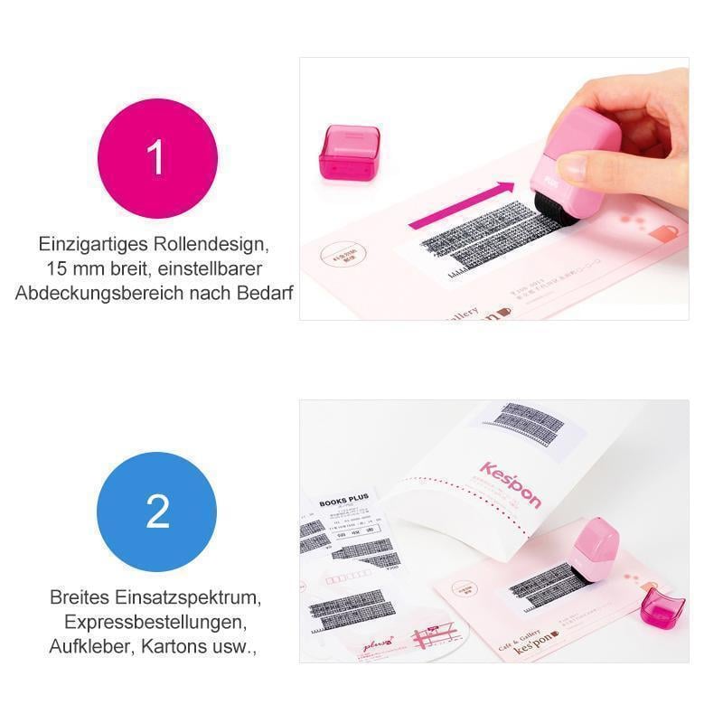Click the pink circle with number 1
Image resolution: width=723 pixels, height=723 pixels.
(x=157, y=157)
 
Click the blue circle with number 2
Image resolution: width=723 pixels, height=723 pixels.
(x=157, y=512)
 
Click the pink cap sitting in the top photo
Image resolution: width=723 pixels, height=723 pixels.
(x=349, y=151)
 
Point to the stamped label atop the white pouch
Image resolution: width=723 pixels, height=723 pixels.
(x=520, y=432)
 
